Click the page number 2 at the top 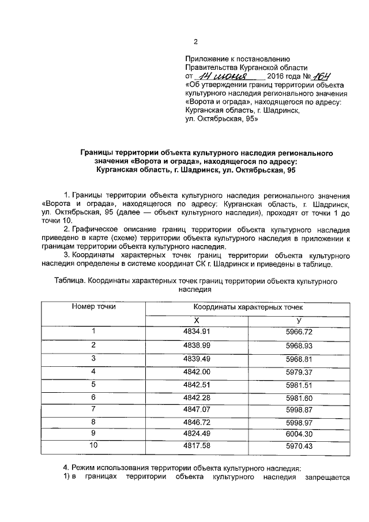195,42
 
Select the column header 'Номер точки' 93,306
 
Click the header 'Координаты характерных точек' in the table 247,307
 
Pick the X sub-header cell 196,320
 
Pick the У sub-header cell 299,320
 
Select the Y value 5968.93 299,345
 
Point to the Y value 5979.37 299,371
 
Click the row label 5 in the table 93,384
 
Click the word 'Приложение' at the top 206,59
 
